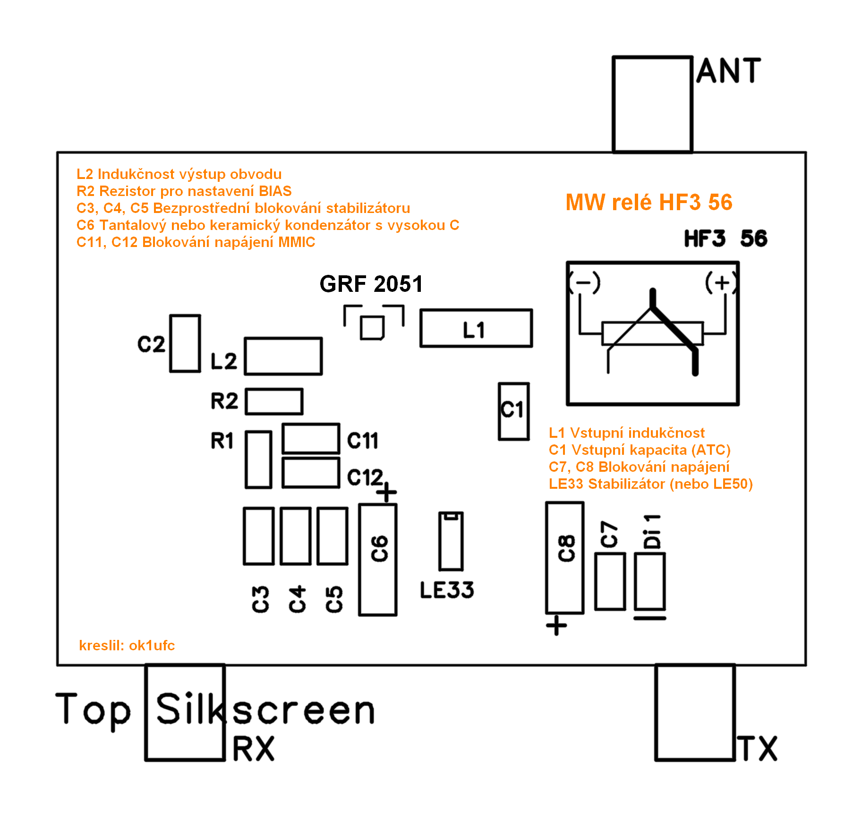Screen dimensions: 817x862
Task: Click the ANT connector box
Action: tap(652, 104)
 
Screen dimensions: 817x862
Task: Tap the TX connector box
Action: tap(695, 713)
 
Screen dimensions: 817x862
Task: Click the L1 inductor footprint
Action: tap(476, 329)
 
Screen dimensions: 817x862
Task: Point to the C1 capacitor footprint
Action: tap(513, 411)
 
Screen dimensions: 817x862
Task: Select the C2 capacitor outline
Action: tap(185, 343)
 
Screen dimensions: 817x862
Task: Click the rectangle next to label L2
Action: tap(283, 357)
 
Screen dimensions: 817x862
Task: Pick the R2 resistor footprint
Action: tap(274, 401)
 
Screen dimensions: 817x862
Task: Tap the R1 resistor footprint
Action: tap(258, 460)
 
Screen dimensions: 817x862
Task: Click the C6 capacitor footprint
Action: tap(377, 560)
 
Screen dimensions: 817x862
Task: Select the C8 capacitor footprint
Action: tap(564, 558)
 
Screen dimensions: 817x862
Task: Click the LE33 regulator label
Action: tap(447, 590)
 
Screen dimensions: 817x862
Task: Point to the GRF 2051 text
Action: tap(371, 284)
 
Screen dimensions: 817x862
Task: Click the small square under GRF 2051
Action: tap(372, 327)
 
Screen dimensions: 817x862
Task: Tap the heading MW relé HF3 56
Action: tap(649, 203)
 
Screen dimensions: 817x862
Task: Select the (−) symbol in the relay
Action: tap(585, 283)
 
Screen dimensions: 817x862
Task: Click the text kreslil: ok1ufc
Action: tap(127, 646)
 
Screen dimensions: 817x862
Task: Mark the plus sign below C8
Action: tap(556, 626)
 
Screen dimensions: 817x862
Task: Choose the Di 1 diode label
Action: tap(652, 531)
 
